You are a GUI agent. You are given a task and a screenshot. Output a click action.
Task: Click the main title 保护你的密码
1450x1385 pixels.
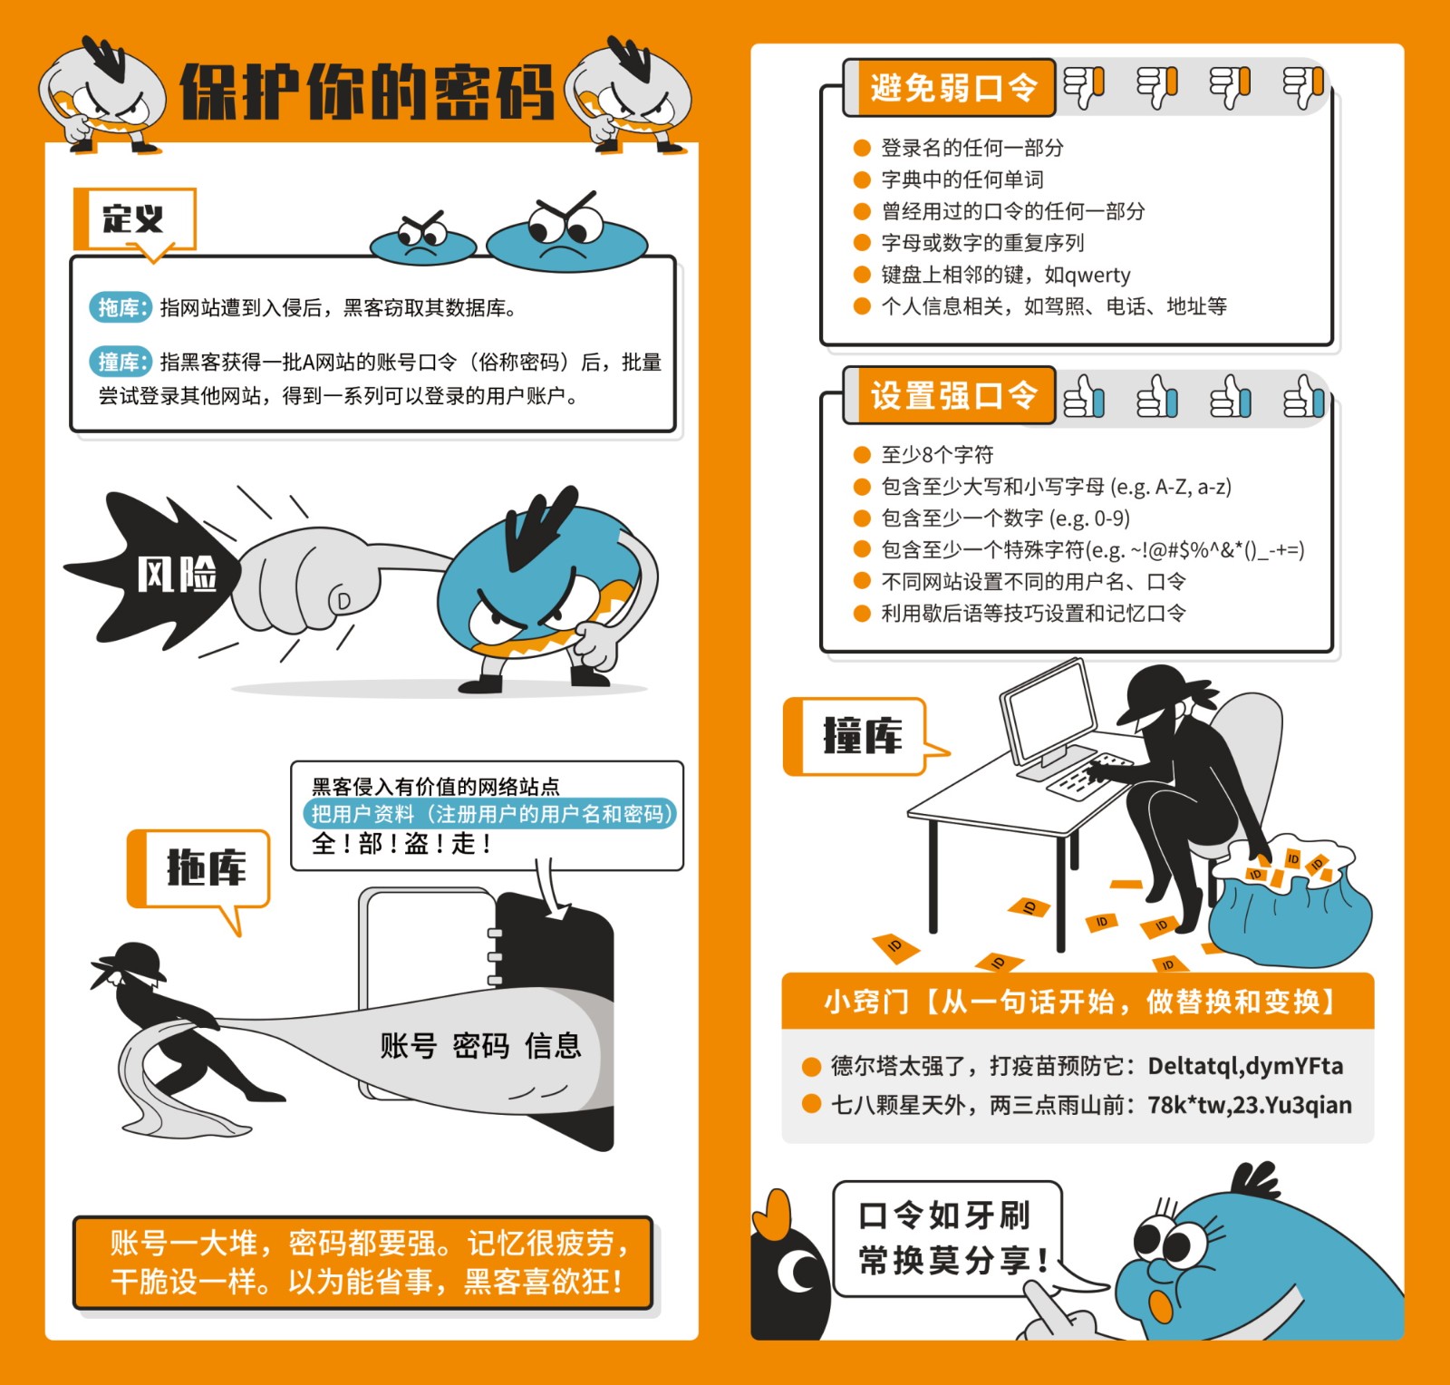tap(366, 91)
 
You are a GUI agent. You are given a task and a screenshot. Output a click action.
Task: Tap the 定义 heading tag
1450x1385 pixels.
tap(134, 218)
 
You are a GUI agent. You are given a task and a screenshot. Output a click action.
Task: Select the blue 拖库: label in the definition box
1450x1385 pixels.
tap(120, 307)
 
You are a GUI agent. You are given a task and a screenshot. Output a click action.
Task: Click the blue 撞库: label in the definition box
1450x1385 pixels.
tap(120, 362)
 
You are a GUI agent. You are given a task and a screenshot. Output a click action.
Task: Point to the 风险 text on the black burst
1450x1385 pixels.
tap(177, 574)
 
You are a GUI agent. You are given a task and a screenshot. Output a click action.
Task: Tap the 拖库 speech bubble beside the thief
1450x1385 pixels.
tap(199, 870)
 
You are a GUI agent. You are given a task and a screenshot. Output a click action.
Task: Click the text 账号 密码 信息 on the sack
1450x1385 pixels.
tap(480, 1045)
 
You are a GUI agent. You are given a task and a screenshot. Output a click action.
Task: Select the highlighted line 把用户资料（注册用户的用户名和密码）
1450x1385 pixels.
tap(490, 813)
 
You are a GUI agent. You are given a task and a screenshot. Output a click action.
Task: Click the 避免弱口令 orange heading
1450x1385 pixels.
tap(951, 88)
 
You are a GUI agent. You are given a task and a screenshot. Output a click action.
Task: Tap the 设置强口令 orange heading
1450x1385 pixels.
tap(951, 395)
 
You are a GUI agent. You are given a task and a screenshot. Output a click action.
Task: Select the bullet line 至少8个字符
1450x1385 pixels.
tap(923, 454)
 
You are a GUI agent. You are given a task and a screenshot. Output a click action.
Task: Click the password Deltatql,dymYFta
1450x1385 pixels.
tap(1245, 1066)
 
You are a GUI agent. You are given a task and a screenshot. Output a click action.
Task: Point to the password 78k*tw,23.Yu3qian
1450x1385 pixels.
tap(1250, 1105)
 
